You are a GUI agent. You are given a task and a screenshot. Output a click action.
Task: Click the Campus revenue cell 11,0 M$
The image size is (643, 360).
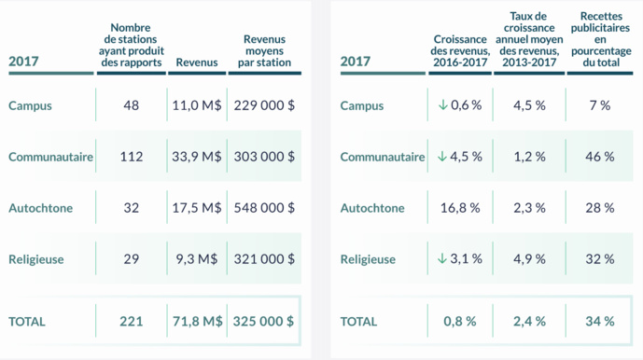[x=197, y=105]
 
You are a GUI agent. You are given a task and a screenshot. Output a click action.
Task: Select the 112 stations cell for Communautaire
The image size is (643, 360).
[x=132, y=157]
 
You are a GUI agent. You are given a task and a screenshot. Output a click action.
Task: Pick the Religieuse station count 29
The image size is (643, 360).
[x=132, y=259]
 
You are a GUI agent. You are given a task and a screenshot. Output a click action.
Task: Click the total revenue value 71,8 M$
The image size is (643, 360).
[x=197, y=321]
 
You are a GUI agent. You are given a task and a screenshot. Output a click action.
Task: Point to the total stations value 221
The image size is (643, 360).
[x=132, y=321]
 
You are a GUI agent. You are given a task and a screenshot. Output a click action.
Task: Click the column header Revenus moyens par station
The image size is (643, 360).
[x=264, y=50]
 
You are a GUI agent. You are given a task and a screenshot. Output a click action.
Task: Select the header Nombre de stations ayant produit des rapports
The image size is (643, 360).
[x=131, y=45]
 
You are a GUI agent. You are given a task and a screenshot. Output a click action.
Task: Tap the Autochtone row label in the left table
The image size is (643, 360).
[x=40, y=208]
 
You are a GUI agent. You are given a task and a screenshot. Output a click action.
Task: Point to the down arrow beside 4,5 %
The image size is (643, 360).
[x=442, y=157]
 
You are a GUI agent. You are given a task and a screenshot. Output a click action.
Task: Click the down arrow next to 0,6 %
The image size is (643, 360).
[x=442, y=105]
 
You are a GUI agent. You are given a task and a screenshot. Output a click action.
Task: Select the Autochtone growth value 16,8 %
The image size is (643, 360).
[x=458, y=208]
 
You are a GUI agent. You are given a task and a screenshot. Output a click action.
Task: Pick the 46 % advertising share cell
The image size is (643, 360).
[x=600, y=157]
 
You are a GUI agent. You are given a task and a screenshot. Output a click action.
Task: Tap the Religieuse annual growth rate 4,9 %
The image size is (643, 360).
[x=529, y=259]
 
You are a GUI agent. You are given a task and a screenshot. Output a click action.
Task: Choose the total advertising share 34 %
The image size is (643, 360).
[x=600, y=321]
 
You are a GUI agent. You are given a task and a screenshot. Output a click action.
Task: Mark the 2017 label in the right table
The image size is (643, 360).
[x=356, y=62]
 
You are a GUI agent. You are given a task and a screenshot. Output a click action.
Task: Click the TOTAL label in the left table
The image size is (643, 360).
[x=27, y=321]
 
